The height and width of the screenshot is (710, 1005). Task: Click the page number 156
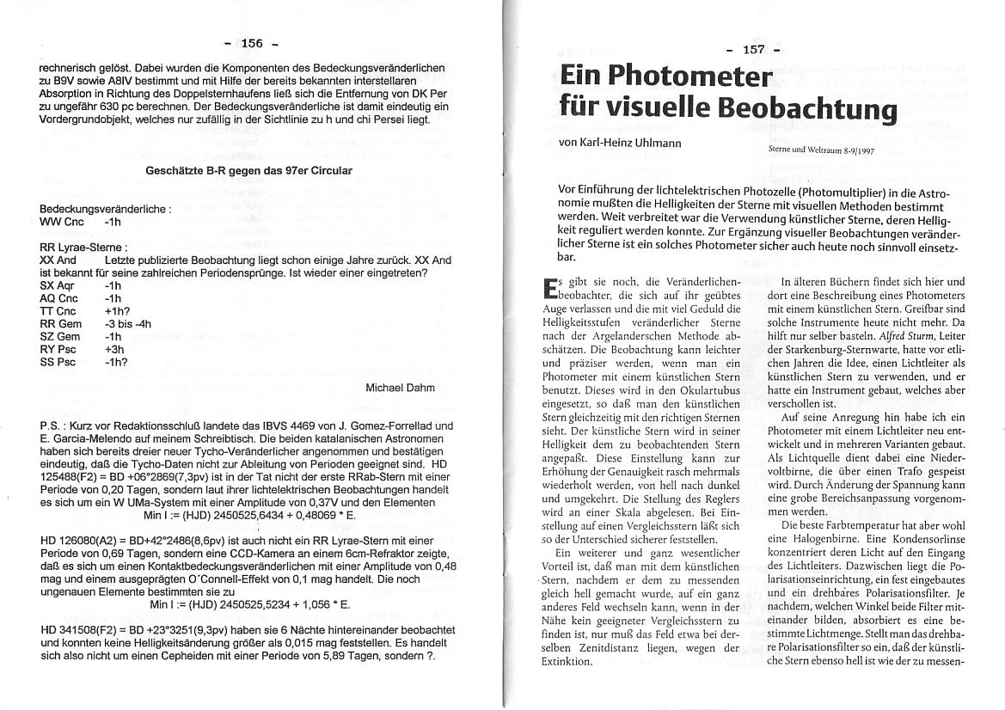[x=252, y=43]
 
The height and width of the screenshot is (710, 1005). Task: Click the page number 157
[x=753, y=49]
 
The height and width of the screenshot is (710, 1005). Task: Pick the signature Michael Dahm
[x=400, y=388]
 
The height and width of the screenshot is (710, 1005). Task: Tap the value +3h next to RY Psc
[x=114, y=350]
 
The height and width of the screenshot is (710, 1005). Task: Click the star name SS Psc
[x=58, y=363]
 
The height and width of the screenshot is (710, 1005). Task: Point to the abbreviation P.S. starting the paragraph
[x=52, y=425]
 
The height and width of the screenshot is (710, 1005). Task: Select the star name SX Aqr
[x=58, y=285]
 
